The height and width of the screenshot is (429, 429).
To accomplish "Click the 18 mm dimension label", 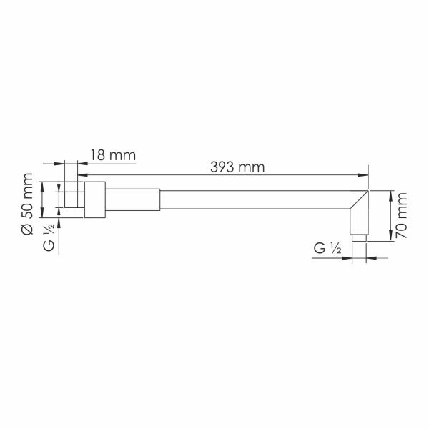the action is click(x=113, y=155).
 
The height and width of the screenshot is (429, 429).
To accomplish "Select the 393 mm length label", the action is click(x=237, y=167).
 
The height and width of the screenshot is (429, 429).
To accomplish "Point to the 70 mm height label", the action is click(x=402, y=216).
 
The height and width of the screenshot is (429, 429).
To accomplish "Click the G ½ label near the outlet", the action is click(x=327, y=248).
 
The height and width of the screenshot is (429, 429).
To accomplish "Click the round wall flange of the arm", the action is click(x=95, y=199).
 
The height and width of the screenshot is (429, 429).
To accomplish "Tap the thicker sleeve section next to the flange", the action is click(x=133, y=199).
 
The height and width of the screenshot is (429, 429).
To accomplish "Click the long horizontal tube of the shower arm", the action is click(x=255, y=199).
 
